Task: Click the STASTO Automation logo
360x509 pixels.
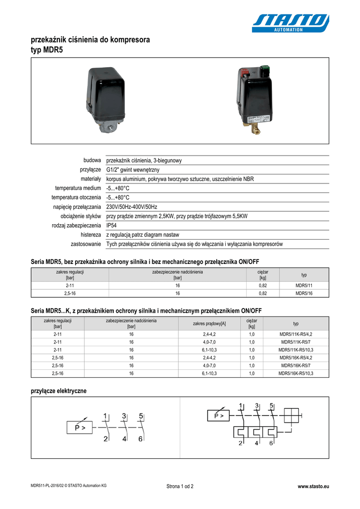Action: (x=290, y=23)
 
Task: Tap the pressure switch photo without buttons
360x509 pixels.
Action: (x=106, y=99)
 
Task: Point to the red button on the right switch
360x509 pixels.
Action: (x=245, y=72)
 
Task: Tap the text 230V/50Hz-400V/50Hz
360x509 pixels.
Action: (x=132, y=206)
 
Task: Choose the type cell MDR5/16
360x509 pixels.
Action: (x=304, y=293)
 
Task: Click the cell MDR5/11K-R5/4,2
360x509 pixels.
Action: (x=296, y=335)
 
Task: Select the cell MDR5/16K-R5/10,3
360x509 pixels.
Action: (x=296, y=373)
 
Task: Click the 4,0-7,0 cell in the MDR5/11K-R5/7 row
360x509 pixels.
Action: (x=210, y=342)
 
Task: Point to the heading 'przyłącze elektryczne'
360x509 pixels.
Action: (x=59, y=391)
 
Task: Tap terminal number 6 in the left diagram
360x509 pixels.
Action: (x=141, y=439)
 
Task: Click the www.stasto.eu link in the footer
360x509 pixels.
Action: (x=313, y=486)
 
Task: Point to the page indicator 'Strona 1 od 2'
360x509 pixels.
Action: (x=180, y=486)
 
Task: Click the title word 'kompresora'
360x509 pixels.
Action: (x=125, y=39)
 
